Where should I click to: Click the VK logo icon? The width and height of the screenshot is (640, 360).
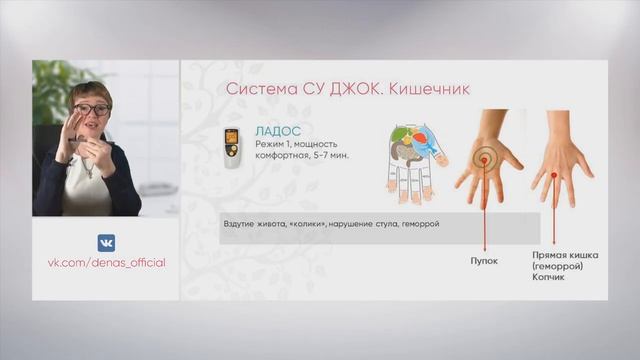(x=106, y=243)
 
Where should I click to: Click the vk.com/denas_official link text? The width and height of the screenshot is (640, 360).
(x=106, y=263)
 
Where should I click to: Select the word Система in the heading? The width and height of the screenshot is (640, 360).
(x=254, y=90)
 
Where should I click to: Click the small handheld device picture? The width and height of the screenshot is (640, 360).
(x=232, y=147)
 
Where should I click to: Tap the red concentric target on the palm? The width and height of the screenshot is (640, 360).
(x=484, y=160)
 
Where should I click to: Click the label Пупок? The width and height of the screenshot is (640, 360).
(x=484, y=258)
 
